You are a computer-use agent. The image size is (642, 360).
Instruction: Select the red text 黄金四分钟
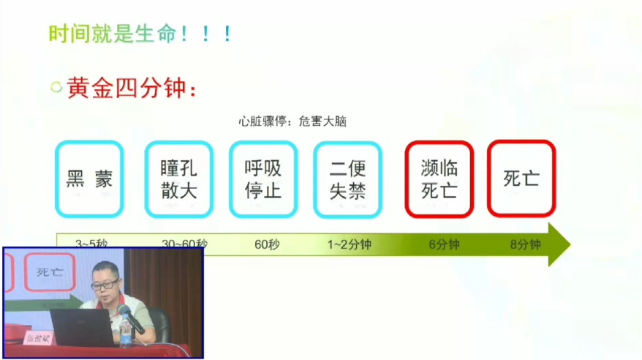coord(131,89)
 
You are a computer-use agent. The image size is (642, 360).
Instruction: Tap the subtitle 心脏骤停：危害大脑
coord(292,121)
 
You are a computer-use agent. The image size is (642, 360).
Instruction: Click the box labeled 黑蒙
coord(89,179)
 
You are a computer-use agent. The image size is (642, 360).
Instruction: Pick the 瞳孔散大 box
coord(178,179)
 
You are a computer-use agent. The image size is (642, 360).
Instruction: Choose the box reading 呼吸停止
coord(263,179)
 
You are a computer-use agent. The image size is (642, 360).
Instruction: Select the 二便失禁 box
coord(347,179)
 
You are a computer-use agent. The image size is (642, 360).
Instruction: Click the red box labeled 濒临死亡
coord(439,179)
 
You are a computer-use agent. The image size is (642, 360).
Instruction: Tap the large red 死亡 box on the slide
coord(521,179)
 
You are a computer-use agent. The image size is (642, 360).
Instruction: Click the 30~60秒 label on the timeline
coord(184,244)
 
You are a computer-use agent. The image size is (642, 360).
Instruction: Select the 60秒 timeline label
coord(267,244)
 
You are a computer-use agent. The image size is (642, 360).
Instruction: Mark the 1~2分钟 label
coord(350,244)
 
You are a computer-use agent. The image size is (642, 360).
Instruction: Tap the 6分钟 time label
coord(444,244)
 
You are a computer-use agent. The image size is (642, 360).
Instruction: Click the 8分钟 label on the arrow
coord(525,244)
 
